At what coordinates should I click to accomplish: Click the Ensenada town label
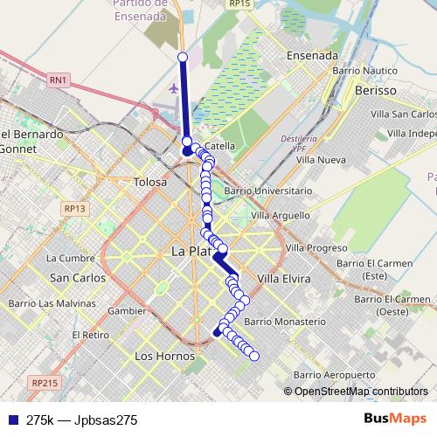[x=312, y=55]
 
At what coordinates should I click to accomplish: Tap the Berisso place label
[x=376, y=90]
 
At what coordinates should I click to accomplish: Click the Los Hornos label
[x=158, y=356]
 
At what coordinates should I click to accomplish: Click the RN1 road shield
[x=59, y=80]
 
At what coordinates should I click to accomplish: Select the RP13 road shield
[x=75, y=208]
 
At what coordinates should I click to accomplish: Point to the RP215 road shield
[x=44, y=383]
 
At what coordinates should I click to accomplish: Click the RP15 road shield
[x=239, y=4]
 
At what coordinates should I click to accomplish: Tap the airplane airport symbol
[x=174, y=88]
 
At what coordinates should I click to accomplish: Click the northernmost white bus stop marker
[x=183, y=57]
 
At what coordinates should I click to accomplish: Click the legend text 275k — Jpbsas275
[x=82, y=420]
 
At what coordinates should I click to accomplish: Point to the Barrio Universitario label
[x=267, y=190]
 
